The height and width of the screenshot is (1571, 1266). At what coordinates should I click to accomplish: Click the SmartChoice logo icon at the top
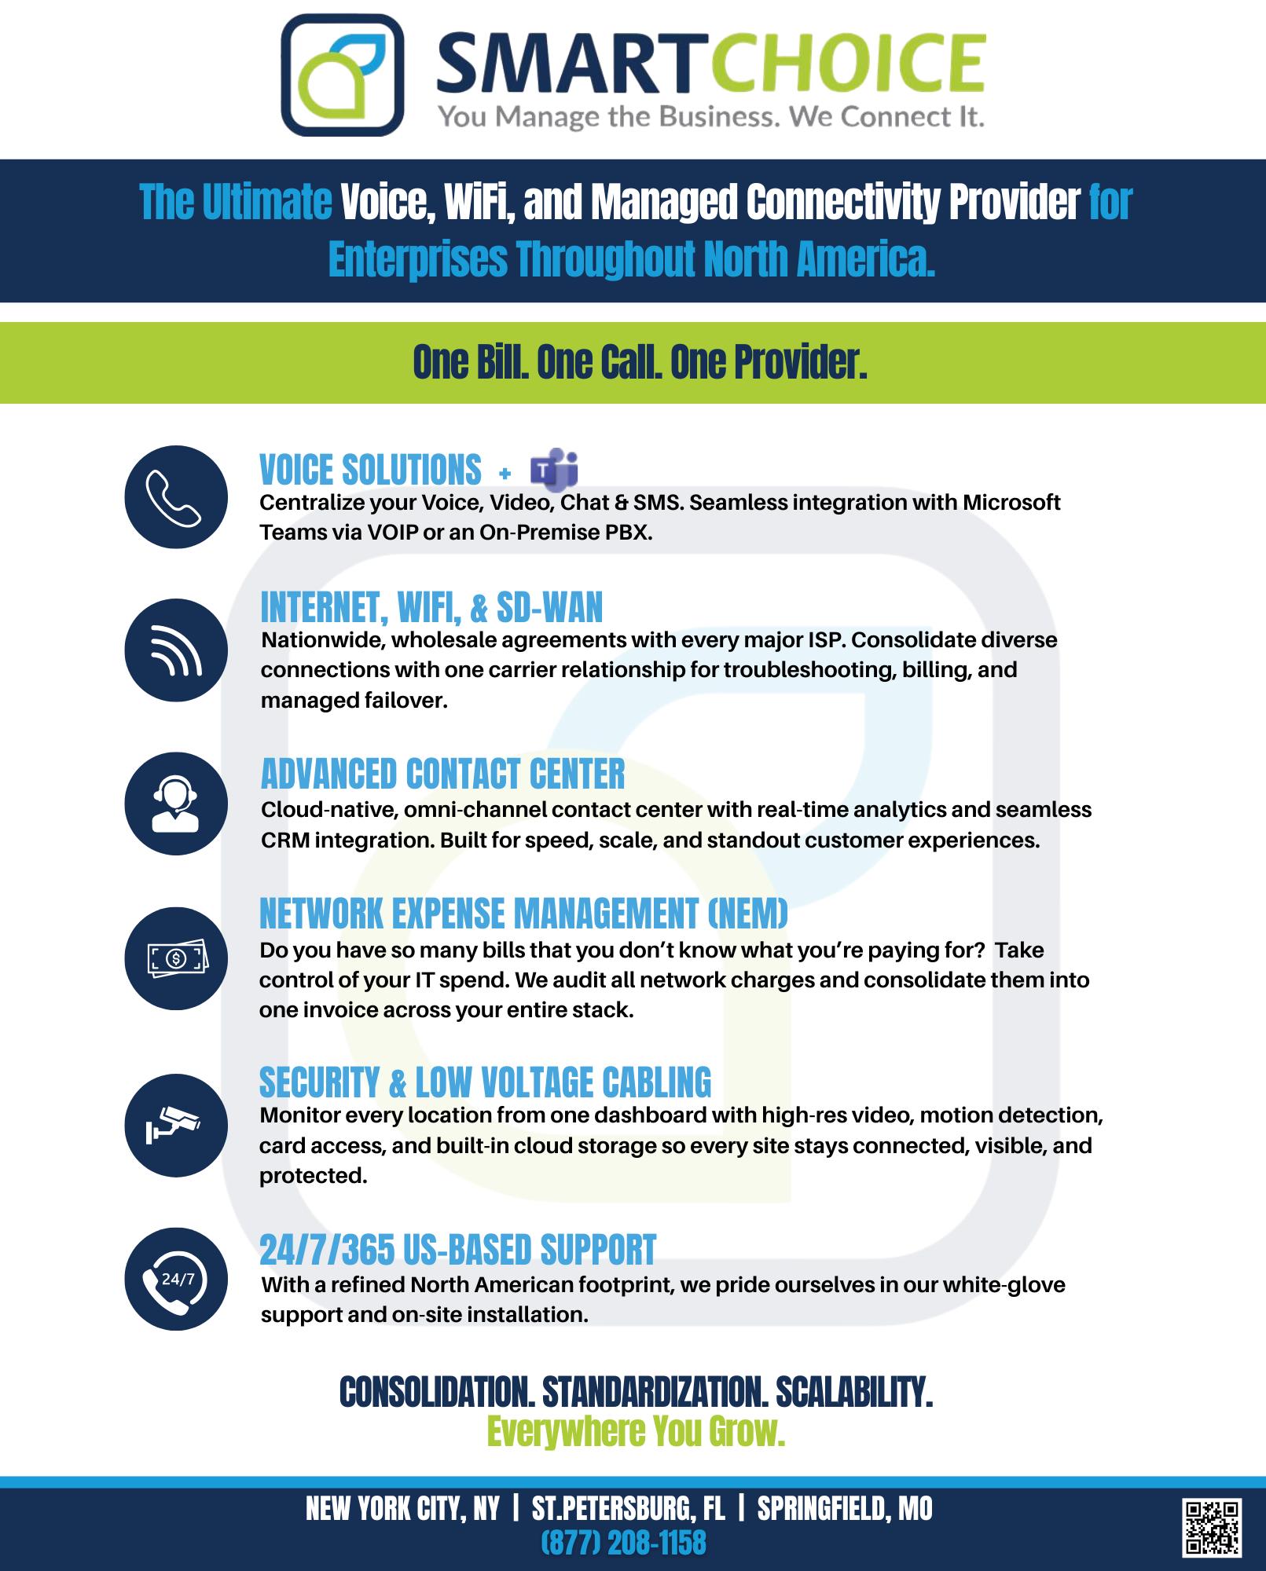343,75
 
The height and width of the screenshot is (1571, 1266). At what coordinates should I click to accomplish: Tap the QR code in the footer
1211,1528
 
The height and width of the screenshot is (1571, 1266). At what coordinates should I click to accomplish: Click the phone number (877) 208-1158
623,1543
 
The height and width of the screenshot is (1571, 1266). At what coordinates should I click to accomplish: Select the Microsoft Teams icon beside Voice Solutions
555,469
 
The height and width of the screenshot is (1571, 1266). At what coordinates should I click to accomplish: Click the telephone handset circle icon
176,497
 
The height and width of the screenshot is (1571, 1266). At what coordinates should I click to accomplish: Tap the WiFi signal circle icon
176,650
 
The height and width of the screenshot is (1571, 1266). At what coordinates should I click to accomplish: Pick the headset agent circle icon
176,804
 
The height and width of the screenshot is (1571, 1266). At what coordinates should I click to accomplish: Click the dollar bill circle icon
176,958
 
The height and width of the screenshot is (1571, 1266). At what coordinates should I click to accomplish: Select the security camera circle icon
176,1125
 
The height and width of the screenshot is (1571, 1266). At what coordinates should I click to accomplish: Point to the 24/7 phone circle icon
176,1279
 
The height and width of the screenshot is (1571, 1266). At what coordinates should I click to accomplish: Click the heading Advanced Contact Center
442,774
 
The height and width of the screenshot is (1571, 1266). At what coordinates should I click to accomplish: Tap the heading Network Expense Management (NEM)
523,914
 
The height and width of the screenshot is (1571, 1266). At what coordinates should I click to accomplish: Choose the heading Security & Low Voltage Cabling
485,1082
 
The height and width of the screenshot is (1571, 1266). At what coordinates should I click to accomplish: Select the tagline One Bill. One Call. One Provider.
640,362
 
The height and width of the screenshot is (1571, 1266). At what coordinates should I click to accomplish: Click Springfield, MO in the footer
845,1509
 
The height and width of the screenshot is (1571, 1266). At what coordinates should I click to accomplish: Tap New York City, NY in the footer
402,1509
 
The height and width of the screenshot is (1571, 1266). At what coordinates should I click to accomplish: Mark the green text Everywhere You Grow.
636,1431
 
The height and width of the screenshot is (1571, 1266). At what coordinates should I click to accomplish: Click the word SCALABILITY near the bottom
854,1393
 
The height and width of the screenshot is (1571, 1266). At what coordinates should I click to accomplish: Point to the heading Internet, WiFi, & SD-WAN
431,607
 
